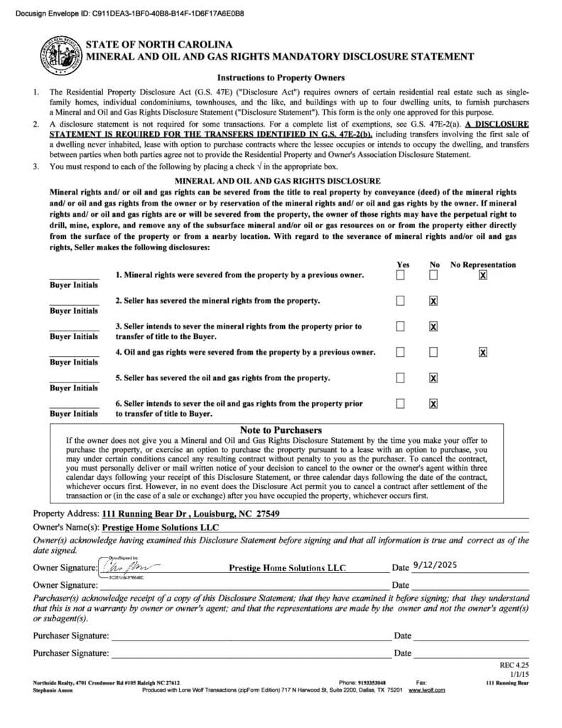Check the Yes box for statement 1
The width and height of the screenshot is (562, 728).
click(x=401, y=275)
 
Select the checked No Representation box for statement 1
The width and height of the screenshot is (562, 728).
click(x=483, y=275)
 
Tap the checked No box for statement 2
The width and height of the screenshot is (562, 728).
click(x=433, y=301)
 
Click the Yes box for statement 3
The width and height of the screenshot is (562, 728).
click(x=401, y=326)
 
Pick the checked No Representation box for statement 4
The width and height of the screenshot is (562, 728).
click(x=483, y=352)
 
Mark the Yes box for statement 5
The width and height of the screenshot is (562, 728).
click(x=401, y=378)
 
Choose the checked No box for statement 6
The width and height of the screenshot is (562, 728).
click(x=433, y=404)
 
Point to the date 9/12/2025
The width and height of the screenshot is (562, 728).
click(x=431, y=567)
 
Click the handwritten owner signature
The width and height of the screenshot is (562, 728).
click(x=131, y=567)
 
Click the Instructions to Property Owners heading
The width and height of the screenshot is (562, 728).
click(x=281, y=77)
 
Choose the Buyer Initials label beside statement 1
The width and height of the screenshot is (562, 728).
click(x=74, y=285)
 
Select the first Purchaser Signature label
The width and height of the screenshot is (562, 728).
click(x=71, y=636)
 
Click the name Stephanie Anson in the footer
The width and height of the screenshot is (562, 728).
click(x=53, y=690)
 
